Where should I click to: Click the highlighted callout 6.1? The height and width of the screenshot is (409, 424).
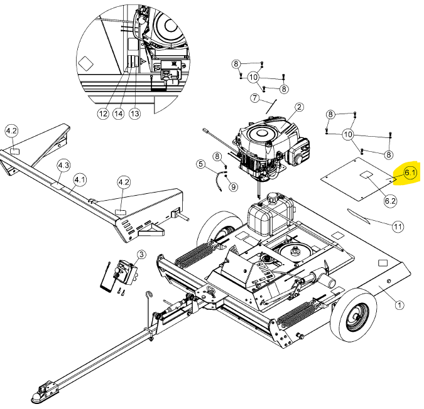pos(410,173)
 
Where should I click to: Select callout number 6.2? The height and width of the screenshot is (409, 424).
pos(390,201)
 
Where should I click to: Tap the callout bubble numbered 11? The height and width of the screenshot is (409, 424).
pos(398,226)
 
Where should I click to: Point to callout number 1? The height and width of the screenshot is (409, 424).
pos(400,305)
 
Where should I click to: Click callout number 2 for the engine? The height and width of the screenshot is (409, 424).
pos(299,107)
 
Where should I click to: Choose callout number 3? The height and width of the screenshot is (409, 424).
pos(141,255)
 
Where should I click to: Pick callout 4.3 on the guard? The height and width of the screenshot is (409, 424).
pos(64,165)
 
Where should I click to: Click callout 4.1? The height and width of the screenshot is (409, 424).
pos(80,180)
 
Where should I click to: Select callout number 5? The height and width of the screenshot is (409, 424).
pos(200,164)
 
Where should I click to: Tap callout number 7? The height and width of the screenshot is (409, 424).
pos(255,98)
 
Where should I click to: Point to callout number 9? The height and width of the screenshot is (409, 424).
pos(233,187)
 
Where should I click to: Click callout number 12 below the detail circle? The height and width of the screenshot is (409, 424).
pos(103,114)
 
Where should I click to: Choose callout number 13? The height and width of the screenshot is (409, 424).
pos(134,114)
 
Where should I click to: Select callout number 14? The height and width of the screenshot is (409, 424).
pos(119,114)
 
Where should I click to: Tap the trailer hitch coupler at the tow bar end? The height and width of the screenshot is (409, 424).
pos(45,391)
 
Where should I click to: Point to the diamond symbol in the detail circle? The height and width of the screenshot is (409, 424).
pos(85,64)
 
